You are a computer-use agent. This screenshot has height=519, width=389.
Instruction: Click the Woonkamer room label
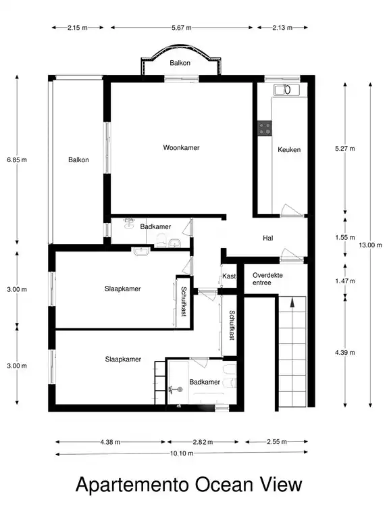[x=181, y=147]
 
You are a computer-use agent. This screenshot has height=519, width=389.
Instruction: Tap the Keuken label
[x=289, y=149]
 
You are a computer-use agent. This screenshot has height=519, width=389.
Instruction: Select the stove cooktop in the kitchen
[x=265, y=128]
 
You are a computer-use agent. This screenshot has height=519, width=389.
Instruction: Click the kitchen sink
[x=286, y=89]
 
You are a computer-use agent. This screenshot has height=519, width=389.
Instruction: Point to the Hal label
[x=268, y=238]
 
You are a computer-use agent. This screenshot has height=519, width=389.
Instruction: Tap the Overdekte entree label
[x=267, y=278]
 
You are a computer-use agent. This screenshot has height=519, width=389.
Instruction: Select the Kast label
[x=229, y=276]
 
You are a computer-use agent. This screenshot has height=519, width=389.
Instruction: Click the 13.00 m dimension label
[x=370, y=245]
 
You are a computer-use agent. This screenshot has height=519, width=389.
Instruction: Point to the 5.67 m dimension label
[x=181, y=28]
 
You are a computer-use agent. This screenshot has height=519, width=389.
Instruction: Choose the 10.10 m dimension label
[x=182, y=453]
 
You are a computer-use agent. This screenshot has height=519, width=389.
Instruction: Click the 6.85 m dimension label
[x=17, y=160]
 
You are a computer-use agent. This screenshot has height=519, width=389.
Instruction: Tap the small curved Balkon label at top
[x=180, y=63]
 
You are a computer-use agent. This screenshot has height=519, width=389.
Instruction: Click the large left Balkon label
[x=78, y=160]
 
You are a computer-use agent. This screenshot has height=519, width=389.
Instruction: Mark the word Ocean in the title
[x=218, y=485]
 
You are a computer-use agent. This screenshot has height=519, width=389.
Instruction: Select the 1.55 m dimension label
[x=345, y=237]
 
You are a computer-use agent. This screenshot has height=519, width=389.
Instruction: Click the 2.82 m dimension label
[x=203, y=442]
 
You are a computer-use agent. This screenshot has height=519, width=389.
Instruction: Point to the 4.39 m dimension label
[x=345, y=353]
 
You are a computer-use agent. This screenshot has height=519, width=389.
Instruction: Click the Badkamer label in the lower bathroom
[x=205, y=382]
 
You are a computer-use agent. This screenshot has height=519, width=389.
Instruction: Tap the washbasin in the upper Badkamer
[x=129, y=224]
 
